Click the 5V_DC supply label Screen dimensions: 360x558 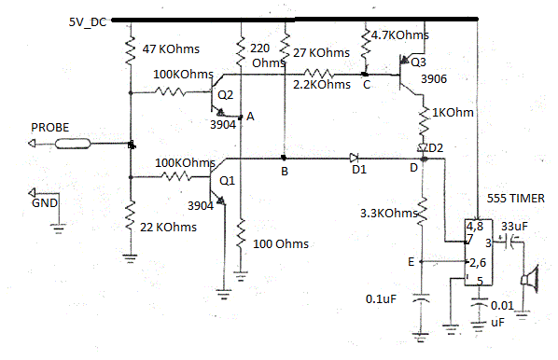click(x=88, y=21)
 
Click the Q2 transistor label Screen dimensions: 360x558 click(x=225, y=95)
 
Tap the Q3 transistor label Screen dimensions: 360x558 click(x=417, y=62)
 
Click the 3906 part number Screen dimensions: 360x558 click(x=434, y=81)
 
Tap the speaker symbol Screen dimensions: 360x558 click(x=532, y=279)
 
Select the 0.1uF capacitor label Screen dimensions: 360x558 click(x=384, y=298)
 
